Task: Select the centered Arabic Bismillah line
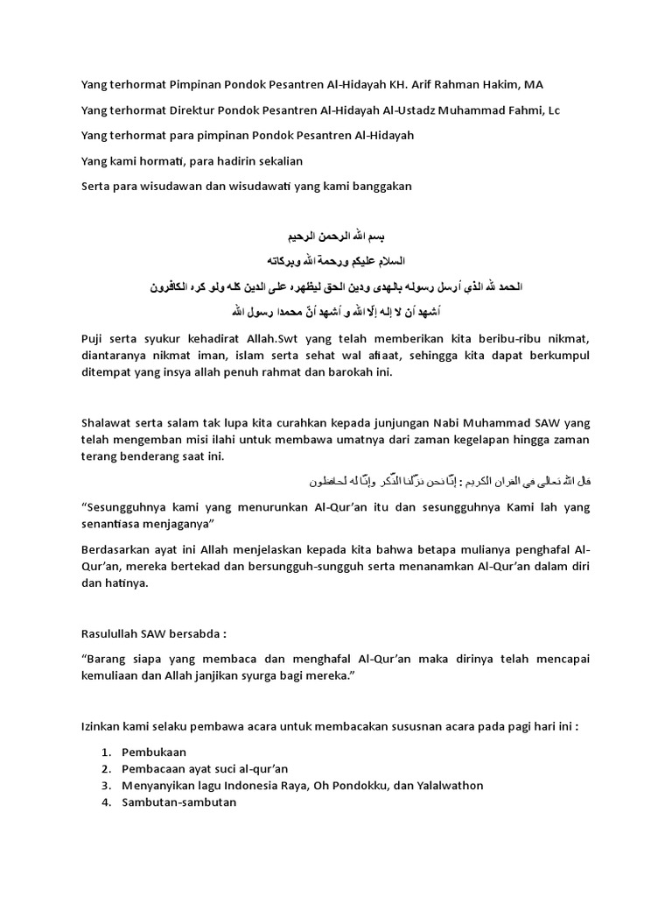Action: pyautogui.click(x=336, y=237)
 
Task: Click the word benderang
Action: pyautogui.click(x=154, y=456)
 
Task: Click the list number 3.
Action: pyautogui.click(x=105, y=786)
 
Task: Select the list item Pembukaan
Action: pyautogui.click(x=153, y=752)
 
